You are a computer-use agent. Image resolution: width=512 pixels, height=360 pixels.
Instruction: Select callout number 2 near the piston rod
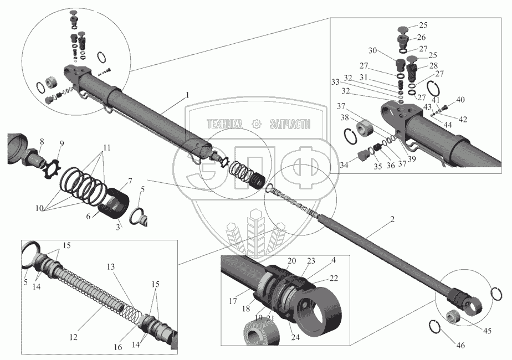click(392, 220)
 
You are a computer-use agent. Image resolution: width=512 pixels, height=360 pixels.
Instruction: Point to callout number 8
click(42, 142)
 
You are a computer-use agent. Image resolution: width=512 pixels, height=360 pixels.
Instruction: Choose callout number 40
click(461, 100)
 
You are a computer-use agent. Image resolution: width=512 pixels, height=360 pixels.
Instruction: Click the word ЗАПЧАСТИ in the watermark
click(289, 125)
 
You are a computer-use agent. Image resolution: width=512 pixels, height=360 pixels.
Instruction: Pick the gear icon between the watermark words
click(256, 125)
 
